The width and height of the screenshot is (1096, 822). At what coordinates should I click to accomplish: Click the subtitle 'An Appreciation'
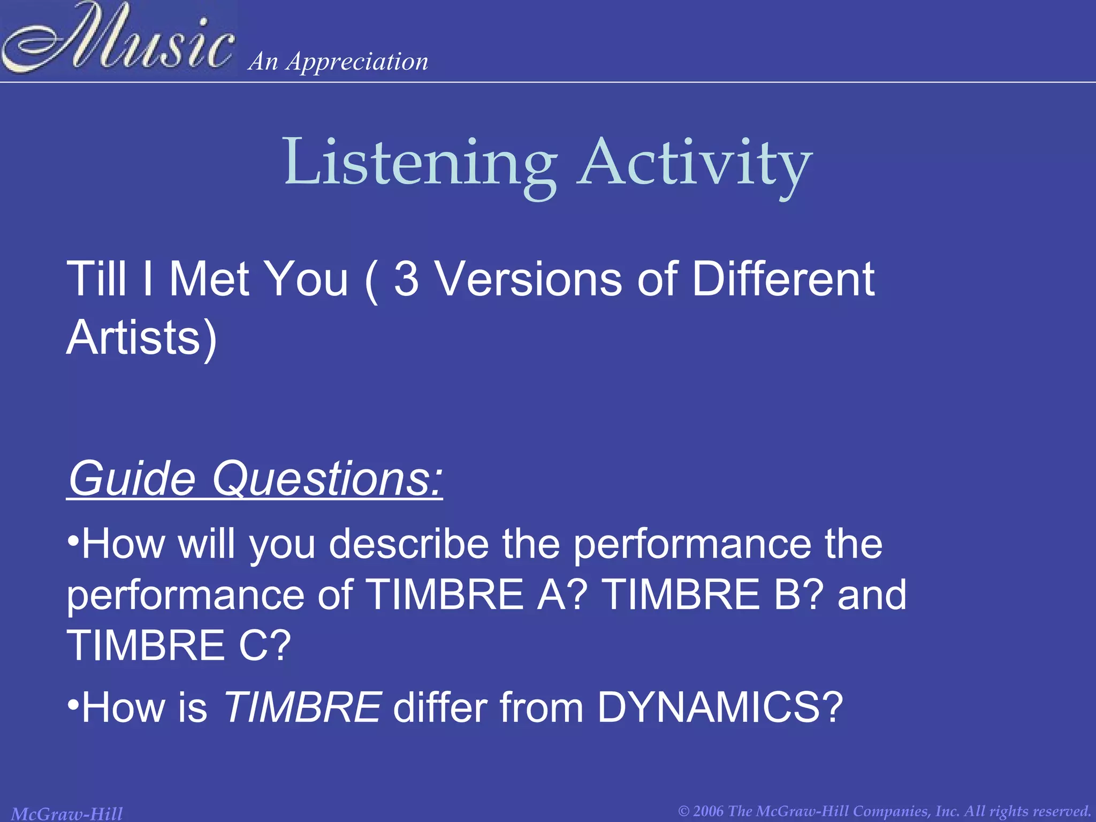[x=338, y=62]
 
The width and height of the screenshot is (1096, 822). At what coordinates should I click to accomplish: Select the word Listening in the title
[x=421, y=163]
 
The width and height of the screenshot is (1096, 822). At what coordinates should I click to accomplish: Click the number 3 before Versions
[x=406, y=279]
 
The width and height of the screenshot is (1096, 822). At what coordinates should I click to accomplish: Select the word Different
[x=783, y=279]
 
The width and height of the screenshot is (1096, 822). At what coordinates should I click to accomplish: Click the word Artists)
[x=142, y=338]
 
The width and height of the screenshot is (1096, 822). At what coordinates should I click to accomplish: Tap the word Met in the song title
[x=209, y=279]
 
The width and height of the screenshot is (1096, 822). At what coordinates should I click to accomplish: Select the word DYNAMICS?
[x=719, y=707]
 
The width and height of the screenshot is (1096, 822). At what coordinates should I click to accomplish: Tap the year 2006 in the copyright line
[x=709, y=811]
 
